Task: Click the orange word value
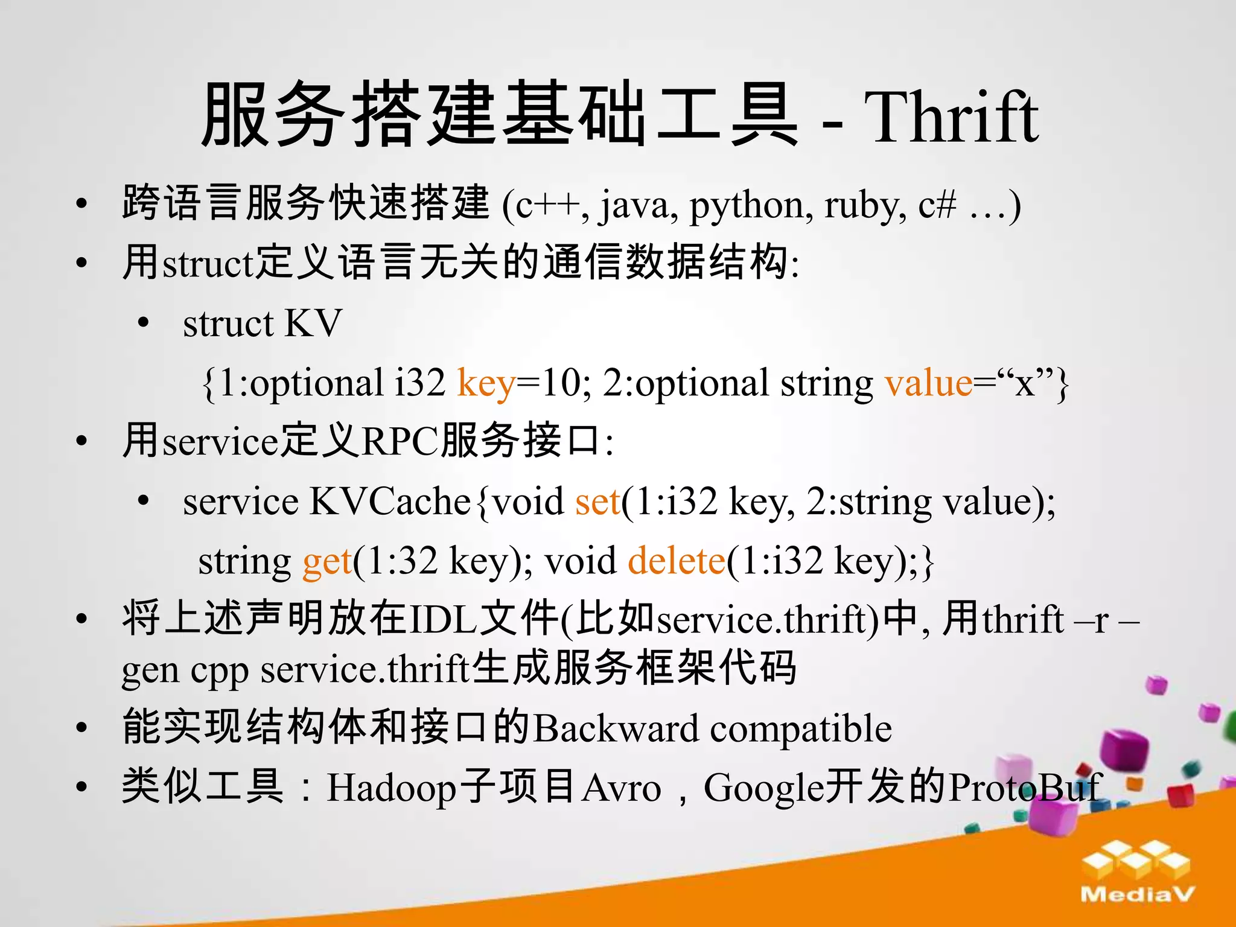[x=928, y=383]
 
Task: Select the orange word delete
[x=676, y=561]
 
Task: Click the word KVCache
[x=390, y=501]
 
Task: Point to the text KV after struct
[x=313, y=323]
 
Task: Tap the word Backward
[x=616, y=728]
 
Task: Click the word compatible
[x=801, y=728]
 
